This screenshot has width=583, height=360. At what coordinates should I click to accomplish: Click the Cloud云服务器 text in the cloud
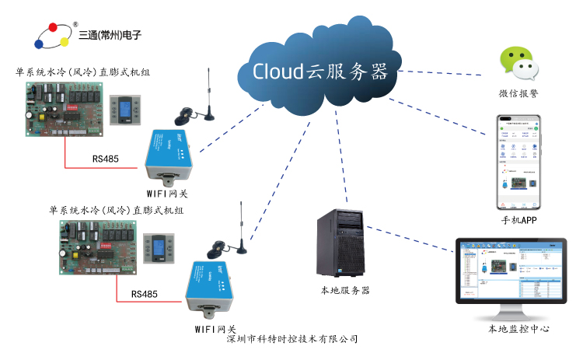pos(319,72)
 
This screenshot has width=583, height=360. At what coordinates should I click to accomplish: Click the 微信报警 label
pos(518,93)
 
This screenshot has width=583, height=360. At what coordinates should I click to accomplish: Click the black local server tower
pos(340,243)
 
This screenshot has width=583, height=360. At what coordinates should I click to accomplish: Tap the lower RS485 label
pos(144,295)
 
